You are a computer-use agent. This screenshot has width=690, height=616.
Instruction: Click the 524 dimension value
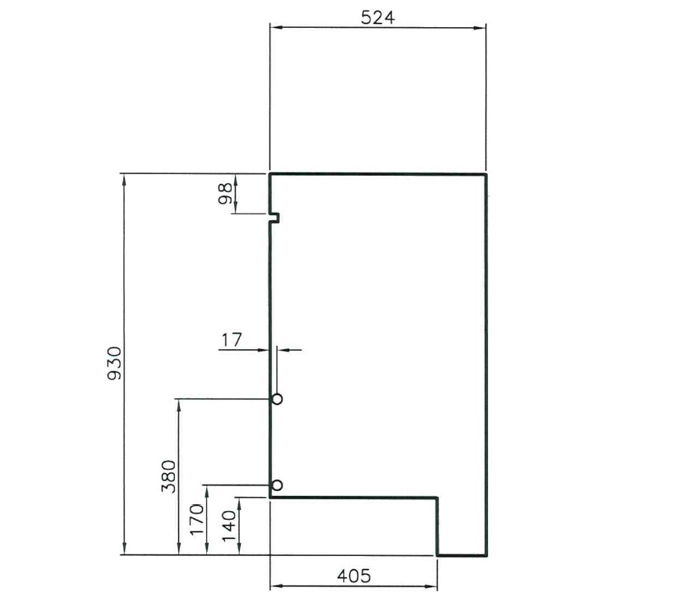point(378,16)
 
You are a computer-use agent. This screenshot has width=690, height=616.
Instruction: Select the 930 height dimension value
point(114,364)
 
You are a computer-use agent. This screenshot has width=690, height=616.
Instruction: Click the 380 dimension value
point(168,476)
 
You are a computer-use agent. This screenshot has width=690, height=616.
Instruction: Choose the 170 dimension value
point(196,520)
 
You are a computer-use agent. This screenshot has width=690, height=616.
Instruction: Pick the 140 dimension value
point(228,526)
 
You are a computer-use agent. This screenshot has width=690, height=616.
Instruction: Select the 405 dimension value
point(353,575)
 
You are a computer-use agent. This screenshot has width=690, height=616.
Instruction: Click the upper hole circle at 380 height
point(277,399)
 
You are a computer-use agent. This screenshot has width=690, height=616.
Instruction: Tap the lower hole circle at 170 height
point(277,485)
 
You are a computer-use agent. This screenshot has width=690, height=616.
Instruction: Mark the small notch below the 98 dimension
point(275,218)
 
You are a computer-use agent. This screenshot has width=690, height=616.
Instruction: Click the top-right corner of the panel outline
point(486,174)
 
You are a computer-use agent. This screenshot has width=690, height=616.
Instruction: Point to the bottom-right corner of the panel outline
point(486,555)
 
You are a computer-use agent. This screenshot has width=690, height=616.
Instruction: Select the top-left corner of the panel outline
point(271,174)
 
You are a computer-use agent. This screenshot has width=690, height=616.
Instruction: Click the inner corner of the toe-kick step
point(436,497)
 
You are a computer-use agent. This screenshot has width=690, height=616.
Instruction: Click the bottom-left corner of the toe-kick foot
point(437,555)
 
